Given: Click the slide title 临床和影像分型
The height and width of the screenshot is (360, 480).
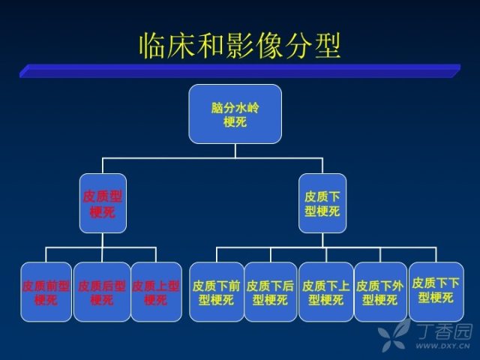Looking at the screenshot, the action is tap(240, 46).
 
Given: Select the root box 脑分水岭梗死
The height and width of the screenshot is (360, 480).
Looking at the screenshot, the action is tap(235, 114).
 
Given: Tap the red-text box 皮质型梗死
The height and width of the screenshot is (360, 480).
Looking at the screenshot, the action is tap(103, 203).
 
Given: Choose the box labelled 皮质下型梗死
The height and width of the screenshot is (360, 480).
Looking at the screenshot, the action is tap(322, 203).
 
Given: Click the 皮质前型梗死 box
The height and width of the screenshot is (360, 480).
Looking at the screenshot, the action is tap(46, 292).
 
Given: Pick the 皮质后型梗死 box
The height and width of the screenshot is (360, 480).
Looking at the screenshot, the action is tap(102, 292).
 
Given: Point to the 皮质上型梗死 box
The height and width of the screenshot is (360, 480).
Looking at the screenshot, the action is tap(156, 292).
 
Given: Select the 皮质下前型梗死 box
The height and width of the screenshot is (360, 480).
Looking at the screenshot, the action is tap(217, 292).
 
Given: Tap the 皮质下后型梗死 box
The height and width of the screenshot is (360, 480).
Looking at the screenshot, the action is tap(271, 292).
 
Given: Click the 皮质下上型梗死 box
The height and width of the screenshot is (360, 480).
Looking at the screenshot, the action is tap(326, 292).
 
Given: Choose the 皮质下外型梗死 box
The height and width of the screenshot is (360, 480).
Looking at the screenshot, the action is tap(380, 292).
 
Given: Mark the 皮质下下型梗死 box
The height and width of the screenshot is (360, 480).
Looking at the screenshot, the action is tap(436, 292).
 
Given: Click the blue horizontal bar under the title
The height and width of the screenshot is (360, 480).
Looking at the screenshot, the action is tap(240, 71).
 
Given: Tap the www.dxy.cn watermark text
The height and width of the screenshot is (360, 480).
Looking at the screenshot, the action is tap(442, 346).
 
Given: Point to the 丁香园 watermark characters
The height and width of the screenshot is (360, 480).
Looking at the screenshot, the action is tap(445, 331).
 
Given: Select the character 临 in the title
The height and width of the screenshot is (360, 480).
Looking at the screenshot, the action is tap(152, 46).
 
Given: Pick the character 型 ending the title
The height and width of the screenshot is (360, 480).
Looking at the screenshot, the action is tap(328, 46).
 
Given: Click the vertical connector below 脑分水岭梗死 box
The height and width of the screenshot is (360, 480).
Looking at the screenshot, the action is tap(235, 151).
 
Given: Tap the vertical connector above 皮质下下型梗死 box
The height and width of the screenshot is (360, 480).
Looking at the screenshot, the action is tap(436, 255).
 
